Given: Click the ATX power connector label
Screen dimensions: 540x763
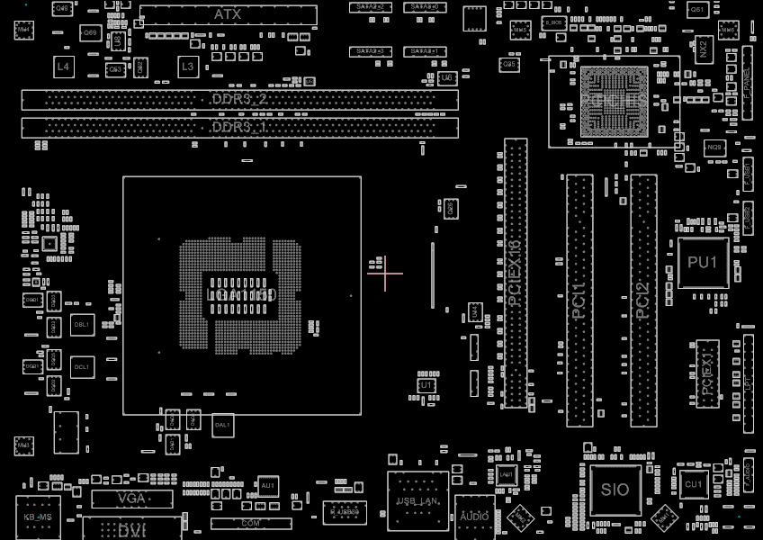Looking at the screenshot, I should (x=227, y=14).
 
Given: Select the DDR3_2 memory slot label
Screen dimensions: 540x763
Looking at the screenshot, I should (x=239, y=98).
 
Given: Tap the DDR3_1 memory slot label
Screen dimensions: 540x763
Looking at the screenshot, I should (x=239, y=128).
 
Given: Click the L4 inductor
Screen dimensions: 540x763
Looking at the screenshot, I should (x=62, y=67).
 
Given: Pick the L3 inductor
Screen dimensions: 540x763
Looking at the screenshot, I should (x=187, y=67).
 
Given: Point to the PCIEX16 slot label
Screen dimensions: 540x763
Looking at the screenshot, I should (x=515, y=274).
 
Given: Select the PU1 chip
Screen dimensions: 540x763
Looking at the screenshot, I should (x=703, y=262).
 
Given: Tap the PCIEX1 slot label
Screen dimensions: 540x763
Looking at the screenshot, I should (x=707, y=373).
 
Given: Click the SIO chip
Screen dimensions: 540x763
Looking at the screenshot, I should (x=615, y=490).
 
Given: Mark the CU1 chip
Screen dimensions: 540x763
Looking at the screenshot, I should (x=693, y=484).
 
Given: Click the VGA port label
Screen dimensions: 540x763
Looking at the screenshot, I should (x=131, y=498).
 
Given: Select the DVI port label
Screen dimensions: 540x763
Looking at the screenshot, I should (x=131, y=529).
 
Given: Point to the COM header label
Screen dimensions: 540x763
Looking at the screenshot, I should (x=251, y=523).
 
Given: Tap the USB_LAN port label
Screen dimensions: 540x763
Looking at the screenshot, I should (x=417, y=500).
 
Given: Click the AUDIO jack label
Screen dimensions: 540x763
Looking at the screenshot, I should (x=474, y=517).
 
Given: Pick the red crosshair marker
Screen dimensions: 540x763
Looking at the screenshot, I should (x=385, y=274).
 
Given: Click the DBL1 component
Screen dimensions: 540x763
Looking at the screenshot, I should (x=82, y=325).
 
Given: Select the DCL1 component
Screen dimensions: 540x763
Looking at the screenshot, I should (x=82, y=366).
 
